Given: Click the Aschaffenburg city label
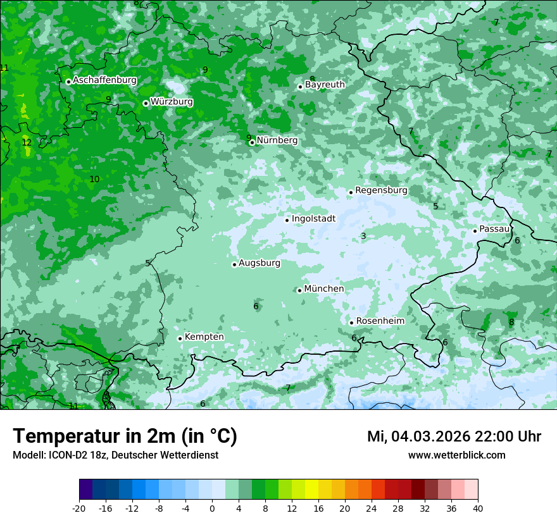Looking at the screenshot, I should [x=104, y=80].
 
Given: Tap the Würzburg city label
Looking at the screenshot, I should [x=172, y=102].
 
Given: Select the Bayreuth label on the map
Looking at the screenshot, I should [x=325, y=84].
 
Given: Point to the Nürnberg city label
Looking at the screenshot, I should [x=277, y=140].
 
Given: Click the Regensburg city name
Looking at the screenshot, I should [x=381, y=190].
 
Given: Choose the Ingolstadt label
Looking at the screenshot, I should [x=313, y=219].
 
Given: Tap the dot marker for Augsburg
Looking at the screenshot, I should [x=234, y=264].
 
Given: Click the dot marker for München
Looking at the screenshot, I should [x=299, y=290].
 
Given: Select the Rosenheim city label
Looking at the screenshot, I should [x=380, y=321].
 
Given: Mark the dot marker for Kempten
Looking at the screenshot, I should [x=180, y=338].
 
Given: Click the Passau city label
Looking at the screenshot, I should [x=494, y=229].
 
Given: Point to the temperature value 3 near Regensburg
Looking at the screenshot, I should [x=363, y=236].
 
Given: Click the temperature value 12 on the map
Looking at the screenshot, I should [x=27, y=142].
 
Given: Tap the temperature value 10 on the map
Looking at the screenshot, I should [x=94, y=179].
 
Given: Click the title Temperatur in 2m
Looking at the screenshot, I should [x=125, y=436].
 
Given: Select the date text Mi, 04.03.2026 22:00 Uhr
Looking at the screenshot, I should [x=454, y=436].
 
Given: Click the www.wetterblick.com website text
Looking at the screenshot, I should [x=456, y=455].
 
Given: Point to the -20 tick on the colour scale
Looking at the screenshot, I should [x=79, y=508].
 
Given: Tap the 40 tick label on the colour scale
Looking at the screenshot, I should [x=477, y=508].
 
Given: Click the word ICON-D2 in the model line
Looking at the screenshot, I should [x=65, y=455].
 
